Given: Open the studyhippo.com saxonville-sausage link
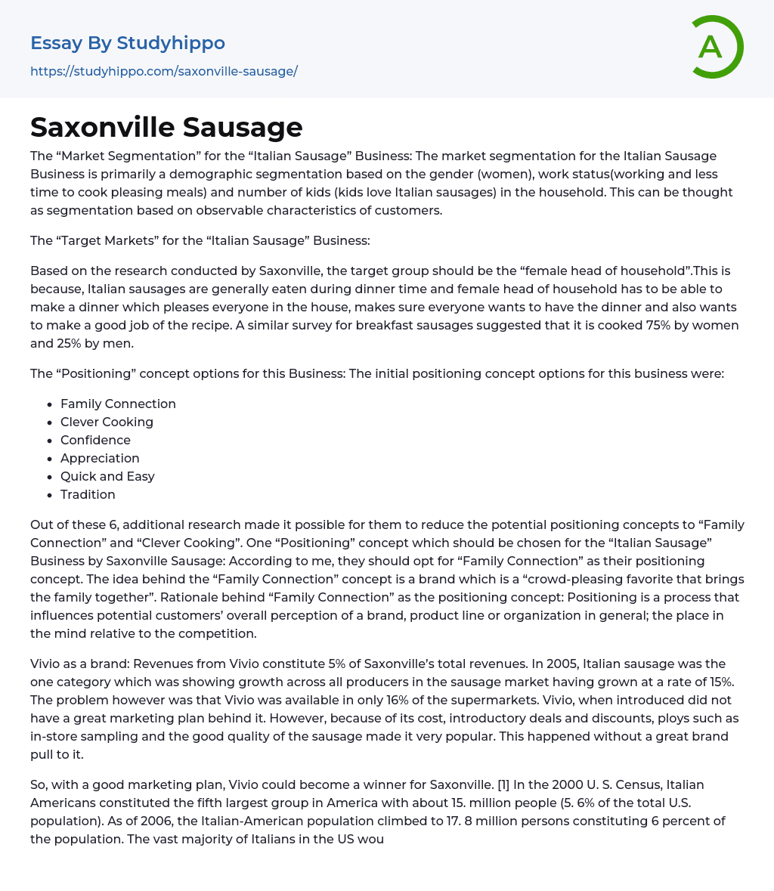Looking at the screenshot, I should coord(164,71).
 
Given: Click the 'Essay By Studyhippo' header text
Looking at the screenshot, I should coord(128,43).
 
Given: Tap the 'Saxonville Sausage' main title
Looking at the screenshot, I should coord(166,127).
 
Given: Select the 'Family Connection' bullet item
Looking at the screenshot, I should coord(118,404).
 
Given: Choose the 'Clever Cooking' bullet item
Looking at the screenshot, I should coord(107,422).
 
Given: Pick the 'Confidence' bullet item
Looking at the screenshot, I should coord(95,440).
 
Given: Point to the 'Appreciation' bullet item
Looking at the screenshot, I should coord(100,458).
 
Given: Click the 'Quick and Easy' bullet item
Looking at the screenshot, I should coord(107,476).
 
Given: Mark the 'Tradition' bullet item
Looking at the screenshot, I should coord(88,494).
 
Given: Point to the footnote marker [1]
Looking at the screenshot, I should coord(502,784).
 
